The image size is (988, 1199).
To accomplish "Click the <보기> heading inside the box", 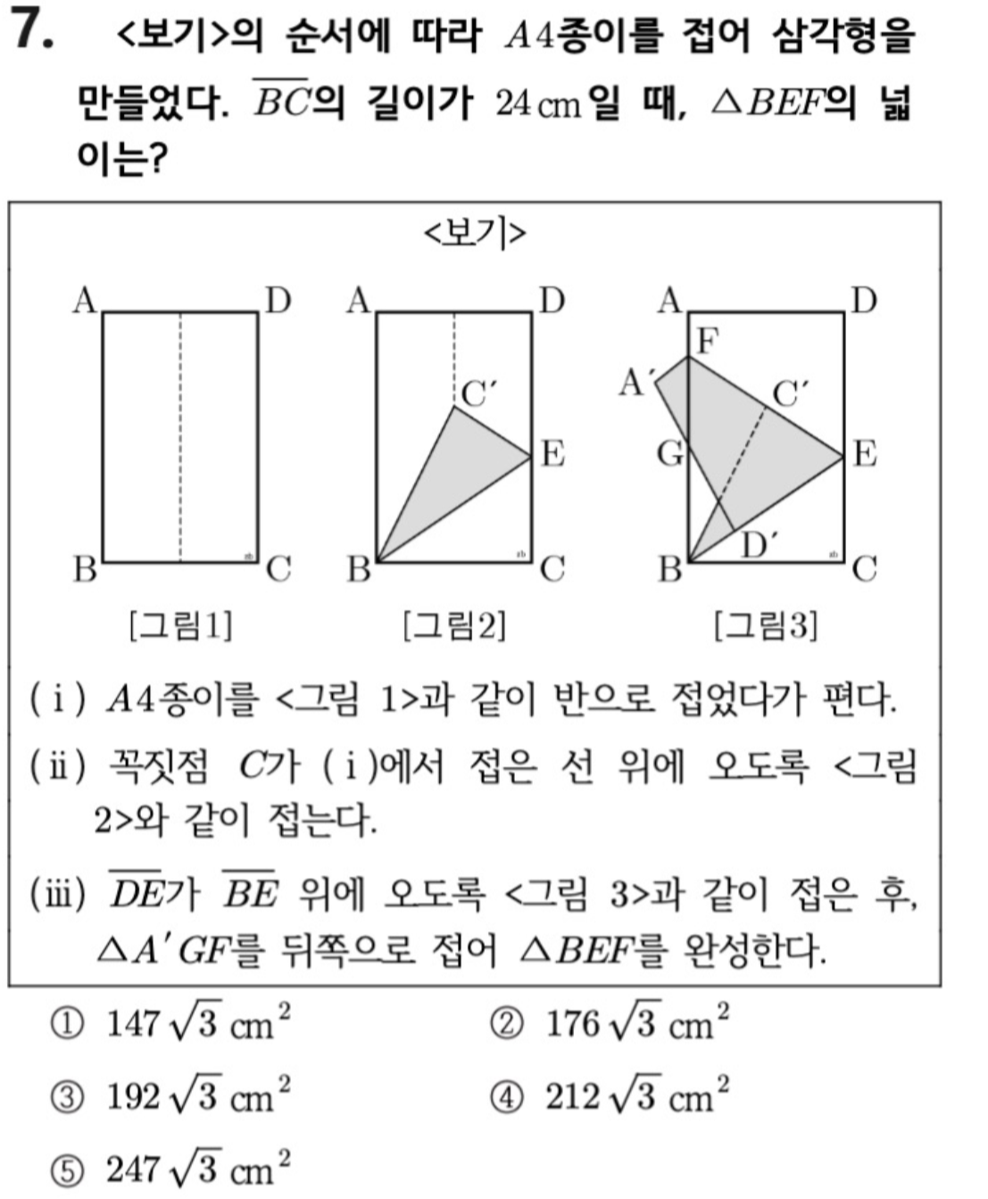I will coord(475,234).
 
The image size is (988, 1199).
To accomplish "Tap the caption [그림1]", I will coord(181,625).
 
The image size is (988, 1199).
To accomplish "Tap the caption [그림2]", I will coord(455,625).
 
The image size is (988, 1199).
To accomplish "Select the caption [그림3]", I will coord(766,625).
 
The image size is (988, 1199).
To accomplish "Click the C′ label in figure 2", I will coord(479,393).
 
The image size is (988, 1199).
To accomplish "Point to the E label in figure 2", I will coord(553,454).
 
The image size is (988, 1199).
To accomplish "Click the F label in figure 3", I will coord(707,340).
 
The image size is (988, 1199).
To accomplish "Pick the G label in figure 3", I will coord(670,454).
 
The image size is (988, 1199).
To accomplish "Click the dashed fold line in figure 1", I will coord(181,437).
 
